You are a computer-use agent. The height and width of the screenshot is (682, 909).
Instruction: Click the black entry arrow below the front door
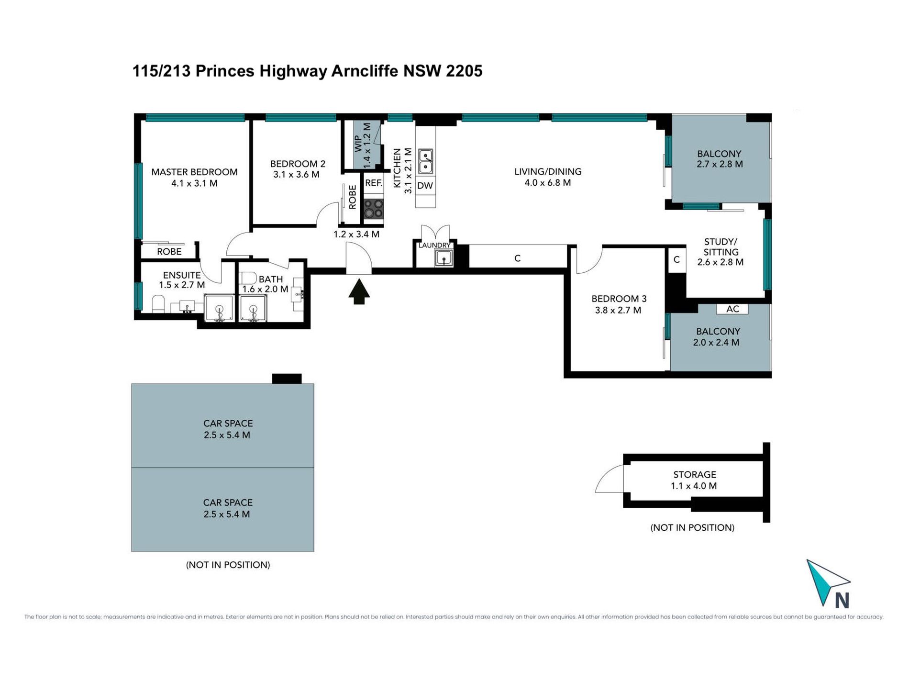click(x=359, y=292)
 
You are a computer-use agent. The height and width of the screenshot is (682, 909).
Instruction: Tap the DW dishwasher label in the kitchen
click(x=425, y=186)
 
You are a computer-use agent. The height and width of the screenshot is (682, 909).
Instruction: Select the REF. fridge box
click(x=374, y=183)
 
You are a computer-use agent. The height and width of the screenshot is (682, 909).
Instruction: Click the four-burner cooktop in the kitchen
click(x=374, y=209)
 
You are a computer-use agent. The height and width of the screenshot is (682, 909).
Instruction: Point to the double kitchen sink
click(x=426, y=161)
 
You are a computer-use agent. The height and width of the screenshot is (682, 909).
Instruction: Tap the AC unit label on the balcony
click(x=732, y=309)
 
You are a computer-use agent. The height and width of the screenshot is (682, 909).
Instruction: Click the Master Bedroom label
click(x=194, y=172)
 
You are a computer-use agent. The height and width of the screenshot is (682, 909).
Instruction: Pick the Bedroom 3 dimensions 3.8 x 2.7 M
click(x=618, y=310)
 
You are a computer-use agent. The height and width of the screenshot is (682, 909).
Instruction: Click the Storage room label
click(x=695, y=474)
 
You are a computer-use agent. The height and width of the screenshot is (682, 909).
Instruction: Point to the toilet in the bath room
click(x=248, y=278)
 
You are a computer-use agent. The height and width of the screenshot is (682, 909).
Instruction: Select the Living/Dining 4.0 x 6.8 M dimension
click(x=548, y=182)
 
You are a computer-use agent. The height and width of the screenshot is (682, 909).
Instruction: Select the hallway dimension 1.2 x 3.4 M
click(x=356, y=234)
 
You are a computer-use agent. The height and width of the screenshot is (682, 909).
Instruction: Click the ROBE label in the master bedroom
click(x=169, y=251)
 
